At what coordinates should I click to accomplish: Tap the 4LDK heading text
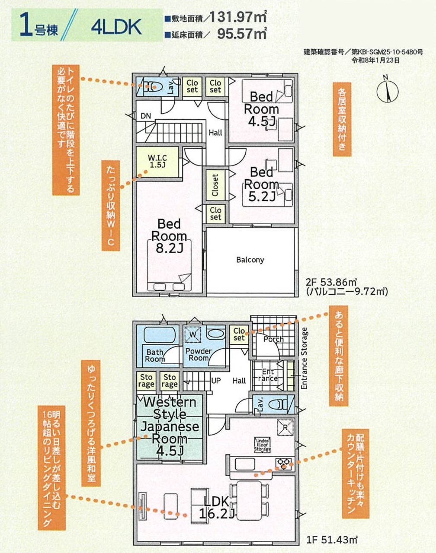(x=116, y=27)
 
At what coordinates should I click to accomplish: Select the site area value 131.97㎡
(x=238, y=17)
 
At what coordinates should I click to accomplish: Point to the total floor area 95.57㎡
(x=242, y=33)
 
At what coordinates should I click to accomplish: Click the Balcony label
(x=250, y=260)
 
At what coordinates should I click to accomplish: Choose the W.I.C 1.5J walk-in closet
(x=157, y=162)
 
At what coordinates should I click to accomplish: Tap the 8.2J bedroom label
(x=169, y=236)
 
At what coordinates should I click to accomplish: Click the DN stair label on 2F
(x=146, y=116)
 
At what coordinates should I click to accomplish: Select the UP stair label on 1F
(x=216, y=381)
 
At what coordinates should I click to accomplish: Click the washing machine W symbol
(x=192, y=334)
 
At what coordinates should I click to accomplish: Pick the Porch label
(x=273, y=340)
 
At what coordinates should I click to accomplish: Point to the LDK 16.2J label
(x=216, y=508)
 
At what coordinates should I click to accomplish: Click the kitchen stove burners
(x=284, y=463)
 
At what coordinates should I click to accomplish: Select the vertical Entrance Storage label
(x=304, y=359)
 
